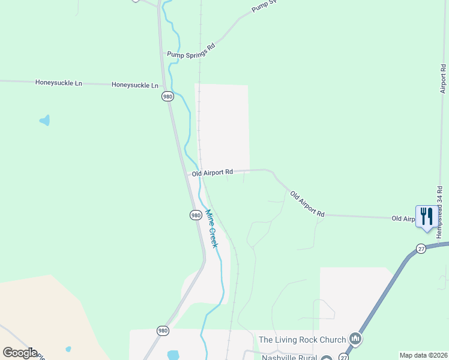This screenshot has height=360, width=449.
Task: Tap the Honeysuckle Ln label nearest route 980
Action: tap(135, 85)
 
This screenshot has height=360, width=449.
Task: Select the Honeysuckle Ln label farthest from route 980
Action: tap(58, 82)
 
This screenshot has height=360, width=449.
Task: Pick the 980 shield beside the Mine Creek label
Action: tap(196, 215)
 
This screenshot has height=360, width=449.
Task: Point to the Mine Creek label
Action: tap(211, 229)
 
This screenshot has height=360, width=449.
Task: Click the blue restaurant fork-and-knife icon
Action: tap(426, 217)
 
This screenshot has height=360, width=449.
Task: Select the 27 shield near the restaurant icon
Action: tap(421, 248)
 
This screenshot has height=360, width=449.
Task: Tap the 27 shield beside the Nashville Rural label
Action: tap(343, 356)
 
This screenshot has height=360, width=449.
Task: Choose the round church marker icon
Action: tap(355, 340)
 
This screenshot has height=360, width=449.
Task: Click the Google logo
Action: tap(20, 353)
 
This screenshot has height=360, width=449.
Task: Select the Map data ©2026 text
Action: tap(423, 355)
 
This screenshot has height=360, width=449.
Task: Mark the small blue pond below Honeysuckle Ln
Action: tap(44, 121)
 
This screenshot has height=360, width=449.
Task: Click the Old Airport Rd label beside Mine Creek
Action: tap(212, 173)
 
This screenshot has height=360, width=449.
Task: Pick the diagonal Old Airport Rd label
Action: tap(307, 204)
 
